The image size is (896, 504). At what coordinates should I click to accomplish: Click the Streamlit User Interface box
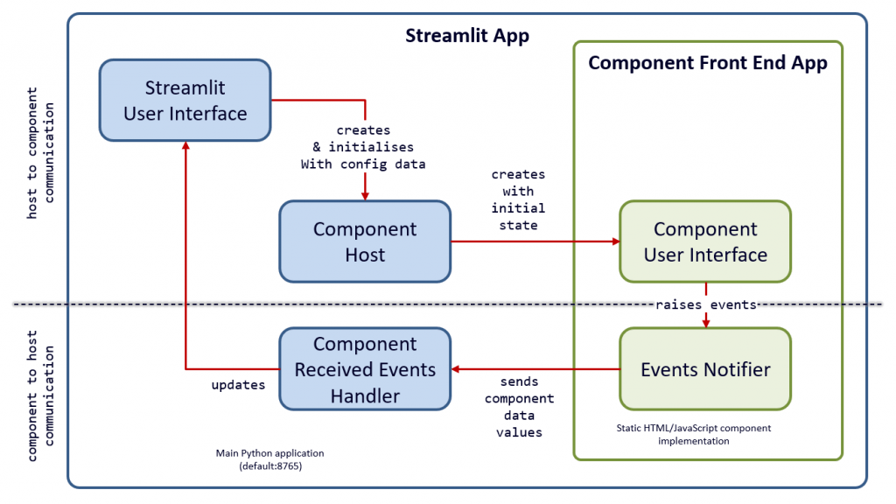185,101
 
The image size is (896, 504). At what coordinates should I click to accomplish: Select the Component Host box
365,241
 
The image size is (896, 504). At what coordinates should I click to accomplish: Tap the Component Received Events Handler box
365,369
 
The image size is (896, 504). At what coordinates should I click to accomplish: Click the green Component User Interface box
705,241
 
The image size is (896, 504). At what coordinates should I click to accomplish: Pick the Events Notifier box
705,369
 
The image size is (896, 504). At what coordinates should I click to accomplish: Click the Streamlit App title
466,36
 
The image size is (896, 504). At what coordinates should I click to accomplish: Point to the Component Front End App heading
707,64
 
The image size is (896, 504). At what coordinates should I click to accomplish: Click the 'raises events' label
706,305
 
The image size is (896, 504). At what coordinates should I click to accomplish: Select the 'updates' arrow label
238,384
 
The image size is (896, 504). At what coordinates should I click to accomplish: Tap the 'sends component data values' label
526,407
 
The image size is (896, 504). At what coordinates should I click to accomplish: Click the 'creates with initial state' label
518,199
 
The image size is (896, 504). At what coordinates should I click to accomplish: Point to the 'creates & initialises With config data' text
363,147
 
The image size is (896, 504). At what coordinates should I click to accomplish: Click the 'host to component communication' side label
40,153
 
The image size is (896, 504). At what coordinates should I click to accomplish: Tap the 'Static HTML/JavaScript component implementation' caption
693,435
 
